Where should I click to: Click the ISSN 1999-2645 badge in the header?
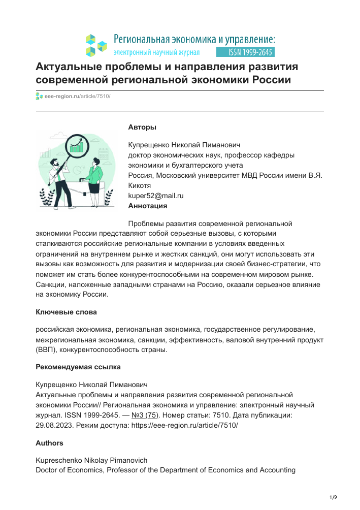pos(245,52)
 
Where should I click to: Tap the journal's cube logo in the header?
pos(96,45)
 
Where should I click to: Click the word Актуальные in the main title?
pos(70,68)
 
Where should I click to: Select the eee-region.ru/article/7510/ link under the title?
pos(77,97)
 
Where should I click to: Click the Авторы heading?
pos(142,127)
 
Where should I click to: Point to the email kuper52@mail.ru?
pos(156,196)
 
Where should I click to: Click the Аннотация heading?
pos(148,206)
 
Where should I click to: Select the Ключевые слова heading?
pos(66,312)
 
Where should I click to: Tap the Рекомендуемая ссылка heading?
pos(78,367)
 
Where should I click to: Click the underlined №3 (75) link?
pos(144,415)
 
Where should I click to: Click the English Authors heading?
pos(49,443)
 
